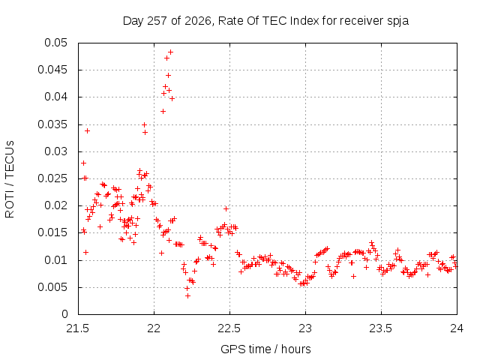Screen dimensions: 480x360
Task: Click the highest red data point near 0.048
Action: tap(170, 52)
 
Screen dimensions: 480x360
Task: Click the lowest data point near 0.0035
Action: tap(187, 295)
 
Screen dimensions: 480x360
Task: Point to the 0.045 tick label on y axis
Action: tap(52, 70)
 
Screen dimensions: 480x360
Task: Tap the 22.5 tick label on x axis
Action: tap(229, 328)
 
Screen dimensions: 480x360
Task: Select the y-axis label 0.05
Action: tap(55, 43)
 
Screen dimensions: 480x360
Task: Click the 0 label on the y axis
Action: tap(64, 314)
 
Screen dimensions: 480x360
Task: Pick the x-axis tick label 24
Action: tap(457, 328)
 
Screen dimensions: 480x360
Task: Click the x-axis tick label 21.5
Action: tap(78, 328)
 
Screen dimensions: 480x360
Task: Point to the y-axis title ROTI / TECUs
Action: tap(10, 179)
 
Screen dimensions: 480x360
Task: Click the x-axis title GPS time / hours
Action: tap(265, 349)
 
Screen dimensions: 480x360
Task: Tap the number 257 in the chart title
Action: tap(157, 21)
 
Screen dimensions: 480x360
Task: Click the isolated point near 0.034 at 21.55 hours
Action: tap(87, 130)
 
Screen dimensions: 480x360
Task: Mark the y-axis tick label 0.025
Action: tap(52, 178)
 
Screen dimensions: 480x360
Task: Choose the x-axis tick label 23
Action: tap(305, 328)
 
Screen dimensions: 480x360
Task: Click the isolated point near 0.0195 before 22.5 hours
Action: tap(226, 208)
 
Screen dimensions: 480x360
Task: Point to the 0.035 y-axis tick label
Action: tap(52, 124)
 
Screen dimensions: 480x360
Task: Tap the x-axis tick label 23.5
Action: tap(381, 328)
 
